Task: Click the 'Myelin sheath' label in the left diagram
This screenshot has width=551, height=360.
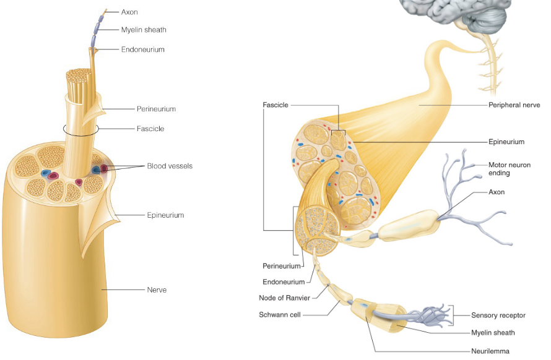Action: click(144, 30)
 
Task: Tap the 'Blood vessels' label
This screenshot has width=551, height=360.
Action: click(170, 166)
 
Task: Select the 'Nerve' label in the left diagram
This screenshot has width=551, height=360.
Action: click(157, 289)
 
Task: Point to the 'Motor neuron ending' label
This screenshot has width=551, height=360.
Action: click(506, 169)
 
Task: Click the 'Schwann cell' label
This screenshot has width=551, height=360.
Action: click(279, 315)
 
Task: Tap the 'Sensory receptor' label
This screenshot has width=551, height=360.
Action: click(498, 315)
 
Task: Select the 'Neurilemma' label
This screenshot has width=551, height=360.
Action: click(490, 351)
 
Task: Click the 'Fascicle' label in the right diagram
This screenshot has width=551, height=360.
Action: click(275, 105)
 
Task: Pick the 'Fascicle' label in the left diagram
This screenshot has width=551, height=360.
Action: click(150, 129)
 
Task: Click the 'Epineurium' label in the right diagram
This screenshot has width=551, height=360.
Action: click(506, 142)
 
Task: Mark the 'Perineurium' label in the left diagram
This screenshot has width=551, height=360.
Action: click(156, 109)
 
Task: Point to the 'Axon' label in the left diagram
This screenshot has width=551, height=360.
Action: click(129, 11)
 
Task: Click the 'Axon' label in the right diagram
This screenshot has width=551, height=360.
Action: click(497, 192)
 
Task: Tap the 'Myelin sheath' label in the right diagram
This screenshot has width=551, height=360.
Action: click(493, 333)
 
